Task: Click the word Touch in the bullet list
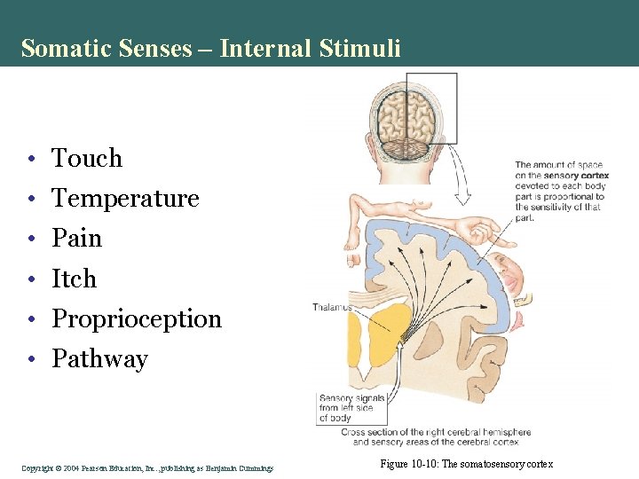(87, 159)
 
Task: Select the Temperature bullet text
(125, 199)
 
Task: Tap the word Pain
(77, 239)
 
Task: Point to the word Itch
(74, 279)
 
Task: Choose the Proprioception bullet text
(137, 319)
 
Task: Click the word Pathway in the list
(99, 359)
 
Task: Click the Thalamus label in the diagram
(331, 308)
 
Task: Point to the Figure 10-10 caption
(466, 464)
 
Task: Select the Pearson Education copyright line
(147, 467)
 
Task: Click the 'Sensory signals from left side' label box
(352, 408)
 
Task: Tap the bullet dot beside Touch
(31, 160)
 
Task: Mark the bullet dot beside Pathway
(31, 360)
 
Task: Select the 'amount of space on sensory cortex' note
(557, 190)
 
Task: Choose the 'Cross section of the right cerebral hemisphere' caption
(430, 436)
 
